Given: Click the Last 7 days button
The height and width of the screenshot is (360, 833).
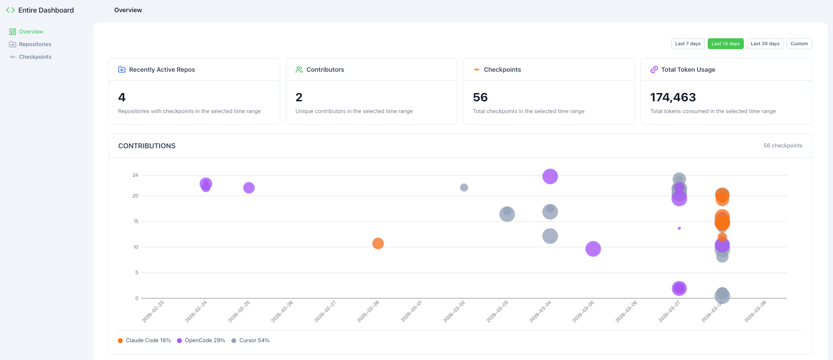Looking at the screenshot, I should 688,43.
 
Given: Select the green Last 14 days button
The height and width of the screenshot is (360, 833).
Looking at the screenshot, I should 725,43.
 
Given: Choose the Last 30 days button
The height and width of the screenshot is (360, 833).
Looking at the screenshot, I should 765,43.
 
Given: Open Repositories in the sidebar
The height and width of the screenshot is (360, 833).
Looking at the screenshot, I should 35,44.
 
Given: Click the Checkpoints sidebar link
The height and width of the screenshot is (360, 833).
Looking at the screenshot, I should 35,57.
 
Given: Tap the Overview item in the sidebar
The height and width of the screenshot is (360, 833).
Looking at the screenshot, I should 31,32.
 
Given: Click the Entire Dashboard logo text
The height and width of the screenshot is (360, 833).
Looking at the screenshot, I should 46,10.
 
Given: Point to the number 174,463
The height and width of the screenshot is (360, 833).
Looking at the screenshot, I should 672,97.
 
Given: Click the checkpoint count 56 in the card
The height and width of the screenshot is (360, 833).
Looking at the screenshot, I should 480,97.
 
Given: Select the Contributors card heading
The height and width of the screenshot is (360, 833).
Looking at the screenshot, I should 325,70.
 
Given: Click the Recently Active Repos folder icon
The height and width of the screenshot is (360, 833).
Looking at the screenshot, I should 122,70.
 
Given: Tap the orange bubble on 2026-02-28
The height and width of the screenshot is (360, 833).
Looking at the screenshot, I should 378,243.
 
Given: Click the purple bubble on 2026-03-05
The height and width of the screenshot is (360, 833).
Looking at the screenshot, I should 593,249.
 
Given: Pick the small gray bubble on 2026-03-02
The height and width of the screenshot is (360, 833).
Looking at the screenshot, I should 464,187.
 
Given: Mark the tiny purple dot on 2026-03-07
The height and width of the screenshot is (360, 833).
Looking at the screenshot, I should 679,228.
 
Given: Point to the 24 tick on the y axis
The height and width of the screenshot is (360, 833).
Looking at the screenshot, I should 135,175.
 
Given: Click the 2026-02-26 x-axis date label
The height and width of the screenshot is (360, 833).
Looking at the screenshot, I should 282,312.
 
